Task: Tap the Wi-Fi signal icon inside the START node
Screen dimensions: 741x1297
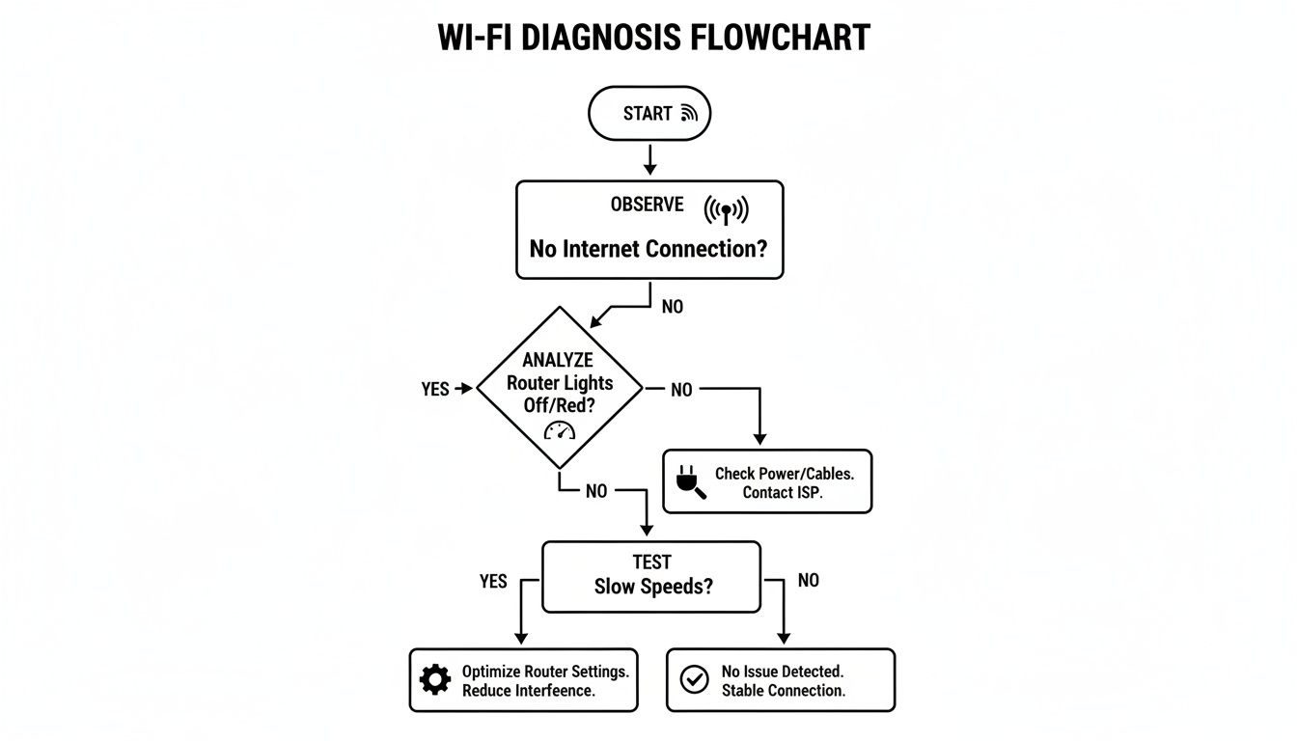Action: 689,114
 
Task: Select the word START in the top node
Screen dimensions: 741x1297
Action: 647,114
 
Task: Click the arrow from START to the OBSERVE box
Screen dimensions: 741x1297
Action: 649,160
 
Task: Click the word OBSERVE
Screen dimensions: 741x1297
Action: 647,205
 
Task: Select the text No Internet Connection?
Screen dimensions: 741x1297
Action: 648,249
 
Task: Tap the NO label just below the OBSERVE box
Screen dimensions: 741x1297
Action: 673,307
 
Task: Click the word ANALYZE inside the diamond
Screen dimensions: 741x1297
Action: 558,360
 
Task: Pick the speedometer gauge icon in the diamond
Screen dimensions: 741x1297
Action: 559,431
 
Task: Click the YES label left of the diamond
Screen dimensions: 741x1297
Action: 435,389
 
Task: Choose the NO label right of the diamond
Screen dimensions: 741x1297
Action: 681,390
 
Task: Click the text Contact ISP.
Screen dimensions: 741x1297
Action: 783,493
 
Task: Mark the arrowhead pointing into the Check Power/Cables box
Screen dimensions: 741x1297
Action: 759,439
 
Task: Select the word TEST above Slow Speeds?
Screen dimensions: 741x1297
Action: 652,563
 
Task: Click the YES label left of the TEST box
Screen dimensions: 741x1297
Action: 493,582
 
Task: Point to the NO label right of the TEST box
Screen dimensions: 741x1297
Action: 808,581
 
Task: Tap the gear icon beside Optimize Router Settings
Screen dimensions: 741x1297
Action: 435,680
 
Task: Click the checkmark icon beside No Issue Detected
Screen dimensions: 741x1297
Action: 694,680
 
